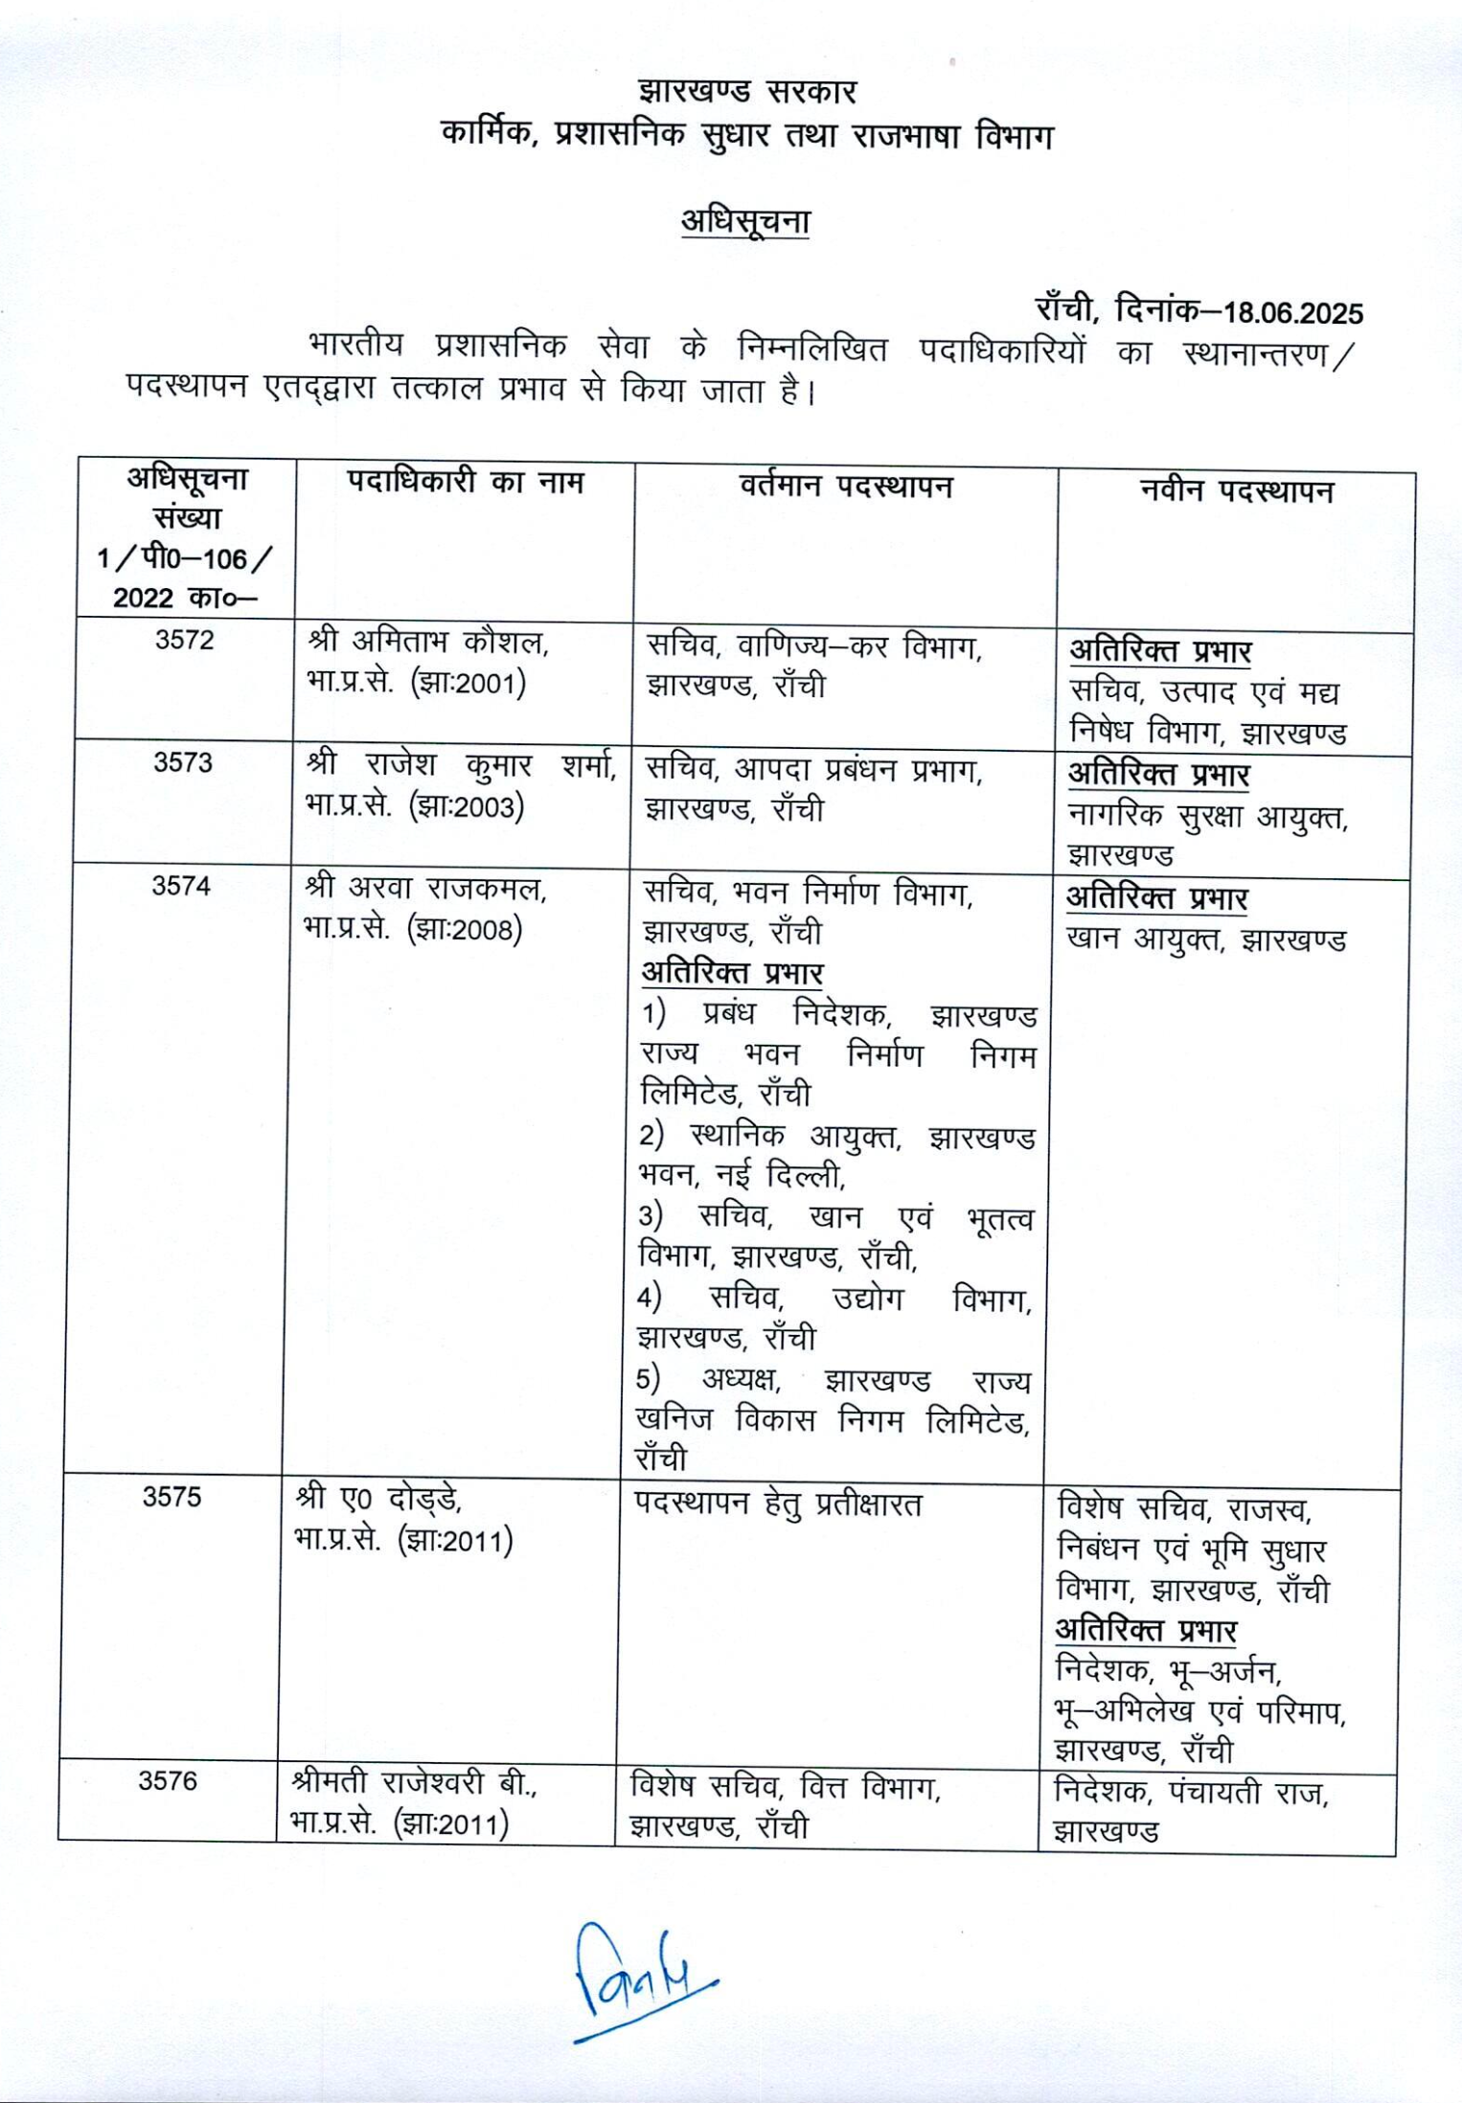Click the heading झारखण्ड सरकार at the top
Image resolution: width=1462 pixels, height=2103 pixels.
tap(747, 92)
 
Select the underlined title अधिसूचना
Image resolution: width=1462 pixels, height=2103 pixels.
tap(745, 221)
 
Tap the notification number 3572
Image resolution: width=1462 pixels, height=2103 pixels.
tap(185, 640)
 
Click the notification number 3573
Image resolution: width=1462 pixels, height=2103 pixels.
tap(183, 762)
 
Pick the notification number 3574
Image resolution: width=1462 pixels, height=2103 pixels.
tap(181, 886)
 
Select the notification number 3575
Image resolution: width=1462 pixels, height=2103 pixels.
tap(172, 1496)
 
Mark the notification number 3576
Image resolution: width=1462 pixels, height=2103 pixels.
tap(168, 1780)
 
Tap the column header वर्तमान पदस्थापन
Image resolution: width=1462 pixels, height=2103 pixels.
tap(846, 486)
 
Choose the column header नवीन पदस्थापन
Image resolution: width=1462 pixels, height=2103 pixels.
tap(1237, 491)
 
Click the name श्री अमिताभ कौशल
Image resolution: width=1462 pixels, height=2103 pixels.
tap(427, 642)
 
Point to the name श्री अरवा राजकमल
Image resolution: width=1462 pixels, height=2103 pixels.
tap(424, 889)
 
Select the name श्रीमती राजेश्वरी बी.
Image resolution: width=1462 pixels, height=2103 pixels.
tap(414, 1784)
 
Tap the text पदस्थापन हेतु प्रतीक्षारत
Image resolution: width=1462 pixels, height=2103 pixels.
tap(777, 1504)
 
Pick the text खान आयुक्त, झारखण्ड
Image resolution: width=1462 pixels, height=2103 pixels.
tap(1206, 939)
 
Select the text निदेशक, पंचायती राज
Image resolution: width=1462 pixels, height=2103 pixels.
tap(1191, 1791)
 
